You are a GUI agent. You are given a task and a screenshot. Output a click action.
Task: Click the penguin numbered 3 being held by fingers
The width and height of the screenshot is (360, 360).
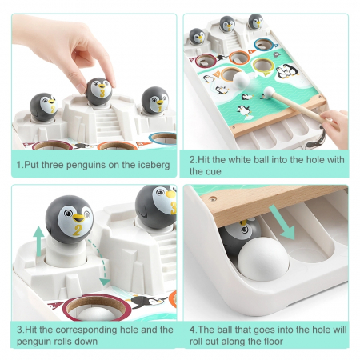(99, 91)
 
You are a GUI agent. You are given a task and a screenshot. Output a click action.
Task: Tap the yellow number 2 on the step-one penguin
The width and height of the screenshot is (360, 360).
(53, 109)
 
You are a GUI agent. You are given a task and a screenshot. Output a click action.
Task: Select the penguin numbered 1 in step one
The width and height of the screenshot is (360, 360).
(155, 101)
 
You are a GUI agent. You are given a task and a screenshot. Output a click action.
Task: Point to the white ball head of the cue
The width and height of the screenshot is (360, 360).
(270, 92)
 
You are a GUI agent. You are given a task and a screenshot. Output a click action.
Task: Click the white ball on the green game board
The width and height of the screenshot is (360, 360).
(241, 80)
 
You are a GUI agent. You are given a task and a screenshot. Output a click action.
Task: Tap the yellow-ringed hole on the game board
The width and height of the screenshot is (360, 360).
(263, 66)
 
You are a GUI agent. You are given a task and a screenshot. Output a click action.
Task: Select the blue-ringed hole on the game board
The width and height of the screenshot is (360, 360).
(264, 45)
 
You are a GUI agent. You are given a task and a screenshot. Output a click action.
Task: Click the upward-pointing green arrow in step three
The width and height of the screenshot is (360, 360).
(39, 241)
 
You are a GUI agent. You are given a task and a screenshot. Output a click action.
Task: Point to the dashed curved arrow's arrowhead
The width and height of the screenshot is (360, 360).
(104, 282)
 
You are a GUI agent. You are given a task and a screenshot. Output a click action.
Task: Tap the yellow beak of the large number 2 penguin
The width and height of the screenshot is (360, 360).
(78, 218)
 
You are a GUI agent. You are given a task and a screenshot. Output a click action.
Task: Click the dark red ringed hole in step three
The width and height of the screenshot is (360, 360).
(97, 306)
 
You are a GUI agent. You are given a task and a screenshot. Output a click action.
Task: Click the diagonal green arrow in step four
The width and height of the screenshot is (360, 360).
(282, 222)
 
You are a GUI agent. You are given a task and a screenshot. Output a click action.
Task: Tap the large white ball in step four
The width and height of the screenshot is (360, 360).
(263, 259)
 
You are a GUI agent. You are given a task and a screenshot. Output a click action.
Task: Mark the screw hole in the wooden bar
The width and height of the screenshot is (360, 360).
(213, 198)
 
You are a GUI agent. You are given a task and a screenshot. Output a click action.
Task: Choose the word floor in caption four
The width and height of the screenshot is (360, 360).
(271, 342)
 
